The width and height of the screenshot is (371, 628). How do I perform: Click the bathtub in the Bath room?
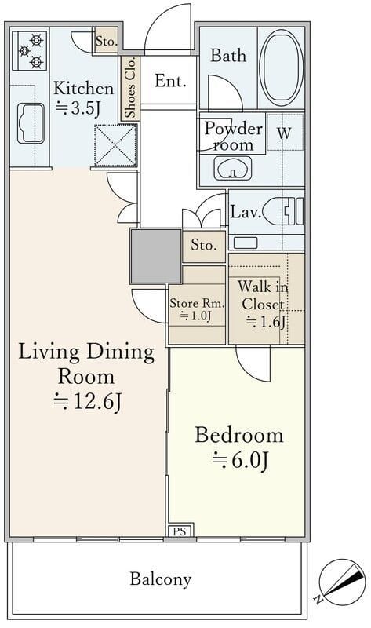point(281,68)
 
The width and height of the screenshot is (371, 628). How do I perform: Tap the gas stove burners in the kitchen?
point(30,51)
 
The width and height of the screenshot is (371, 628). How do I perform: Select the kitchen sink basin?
point(31,123)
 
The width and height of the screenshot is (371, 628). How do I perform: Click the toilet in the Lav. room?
point(285,211)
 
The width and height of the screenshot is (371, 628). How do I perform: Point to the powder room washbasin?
point(232,167)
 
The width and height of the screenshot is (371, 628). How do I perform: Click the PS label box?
point(180,531)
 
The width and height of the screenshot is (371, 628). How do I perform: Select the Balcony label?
point(161,579)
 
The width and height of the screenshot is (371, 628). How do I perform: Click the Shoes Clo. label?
point(130,88)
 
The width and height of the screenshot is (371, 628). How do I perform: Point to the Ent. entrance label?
point(170,81)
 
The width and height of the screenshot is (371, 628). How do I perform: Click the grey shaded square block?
point(156,256)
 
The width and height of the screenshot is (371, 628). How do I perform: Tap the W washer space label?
point(284,133)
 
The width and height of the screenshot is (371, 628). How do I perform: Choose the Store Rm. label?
point(197,303)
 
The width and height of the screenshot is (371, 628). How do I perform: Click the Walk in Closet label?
point(263,296)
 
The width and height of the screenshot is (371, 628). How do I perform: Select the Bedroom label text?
point(239,435)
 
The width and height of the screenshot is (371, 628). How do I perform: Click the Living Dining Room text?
point(86,364)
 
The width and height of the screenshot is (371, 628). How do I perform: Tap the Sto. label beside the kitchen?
point(106,41)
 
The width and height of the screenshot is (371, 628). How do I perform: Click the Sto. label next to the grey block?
point(204,245)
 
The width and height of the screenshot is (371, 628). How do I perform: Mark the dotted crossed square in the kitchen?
point(115,145)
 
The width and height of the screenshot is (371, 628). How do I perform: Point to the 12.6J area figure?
point(88,402)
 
